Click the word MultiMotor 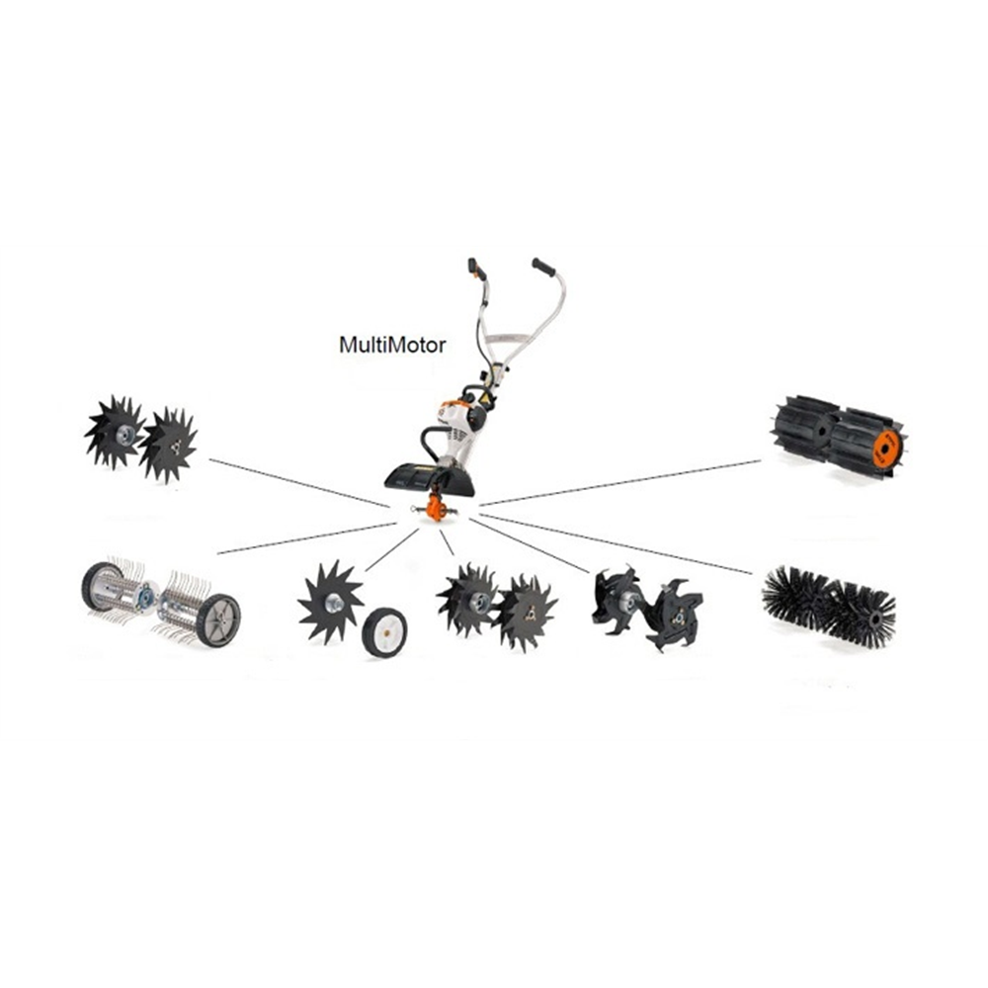(x=392, y=345)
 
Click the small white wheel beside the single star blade (x=384, y=631)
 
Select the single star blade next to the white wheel (x=330, y=601)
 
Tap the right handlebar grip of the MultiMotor (x=544, y=267)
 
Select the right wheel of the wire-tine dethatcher (x=217, y=620)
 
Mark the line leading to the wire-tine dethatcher (x=306, y=538)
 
